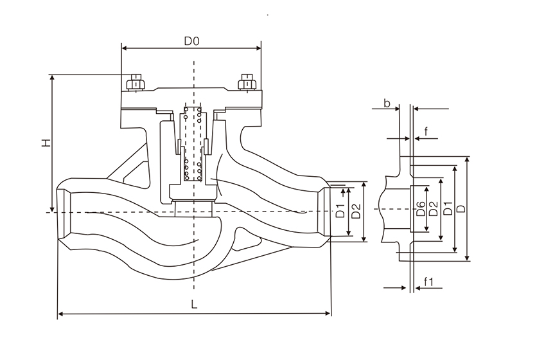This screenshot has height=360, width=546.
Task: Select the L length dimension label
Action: point(195,305)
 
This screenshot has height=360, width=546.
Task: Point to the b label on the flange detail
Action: point(387,103)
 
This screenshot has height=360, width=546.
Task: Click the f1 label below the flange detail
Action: point(429,282)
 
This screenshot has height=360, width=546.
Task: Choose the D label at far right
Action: point(461,210)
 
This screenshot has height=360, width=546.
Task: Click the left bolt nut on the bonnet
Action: point(136,83)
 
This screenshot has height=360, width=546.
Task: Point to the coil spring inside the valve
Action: point(192,145)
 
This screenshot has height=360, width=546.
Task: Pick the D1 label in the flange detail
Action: point(446,210)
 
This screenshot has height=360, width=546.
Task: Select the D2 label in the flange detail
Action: point(433,209)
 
